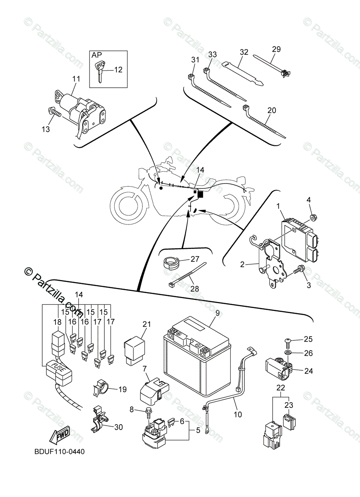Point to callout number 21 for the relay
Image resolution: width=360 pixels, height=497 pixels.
[x=145, y=324]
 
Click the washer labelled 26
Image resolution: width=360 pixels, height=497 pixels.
[x=288, y=353]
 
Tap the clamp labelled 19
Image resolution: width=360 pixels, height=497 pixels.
[x=99, y=388]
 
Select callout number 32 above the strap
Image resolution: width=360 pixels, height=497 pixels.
[x=244, y=52]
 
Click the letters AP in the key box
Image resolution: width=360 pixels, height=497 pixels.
[x=97, y=55]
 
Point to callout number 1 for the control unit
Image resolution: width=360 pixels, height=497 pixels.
[x=279, y=205]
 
